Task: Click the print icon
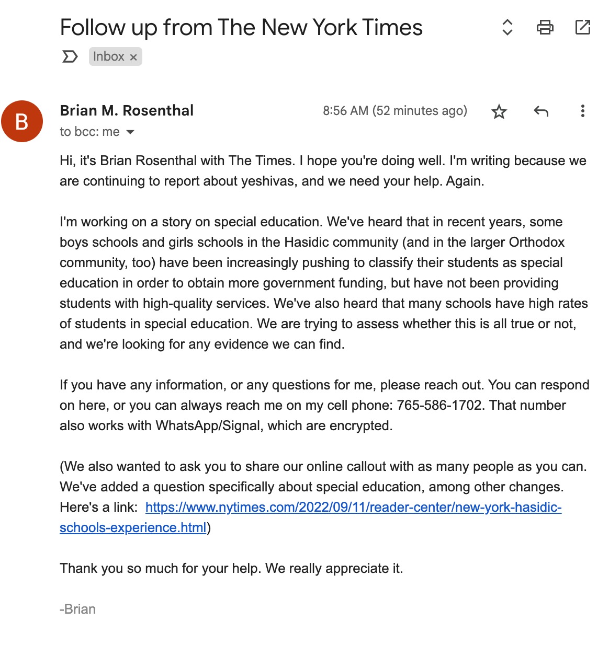click(x=545, y=27)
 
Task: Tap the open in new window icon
click(x=582, y=27)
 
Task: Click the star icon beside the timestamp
click(x=499, y=111)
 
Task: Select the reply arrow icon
click(x=541, y=111)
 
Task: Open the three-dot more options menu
click(x=582, y=111)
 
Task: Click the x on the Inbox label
click(x=133, y=57)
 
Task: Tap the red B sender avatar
click(x=22, y=121)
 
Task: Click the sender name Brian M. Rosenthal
click(x=127, y=110)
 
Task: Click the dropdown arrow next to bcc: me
click(x=131, y=132)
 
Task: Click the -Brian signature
click(x=78, y=609)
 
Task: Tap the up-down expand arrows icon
click(x=507, y=27)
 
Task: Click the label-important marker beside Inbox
click(x=70, y=56)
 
